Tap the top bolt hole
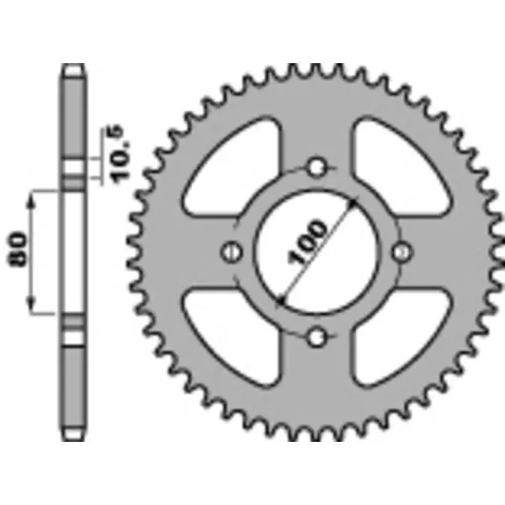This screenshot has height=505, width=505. tap(316, 167)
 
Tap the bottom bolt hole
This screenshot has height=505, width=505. tap(316, 338)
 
